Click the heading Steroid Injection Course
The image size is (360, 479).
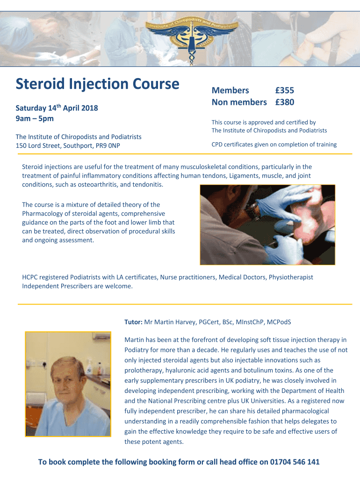(x=97, y=84)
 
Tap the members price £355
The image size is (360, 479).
(x=284, y=91)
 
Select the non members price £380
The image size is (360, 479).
(x=284, y=102)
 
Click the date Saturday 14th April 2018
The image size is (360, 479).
(x=57, y=108)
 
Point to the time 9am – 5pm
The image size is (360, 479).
(x=35, y=118)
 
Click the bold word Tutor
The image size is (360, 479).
(x=133, y=322)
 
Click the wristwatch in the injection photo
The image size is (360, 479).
(x=253, y=210)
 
